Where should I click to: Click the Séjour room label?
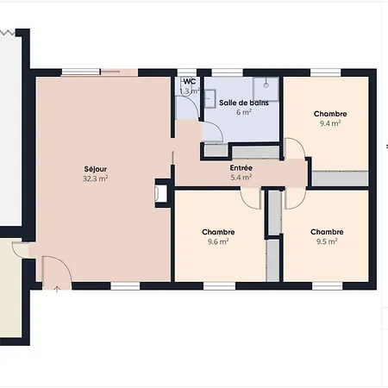point(96,169)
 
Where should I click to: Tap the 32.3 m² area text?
point(96,178)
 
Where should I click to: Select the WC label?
point(190,82)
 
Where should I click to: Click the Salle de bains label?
point(244,103)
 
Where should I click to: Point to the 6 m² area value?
point(244,112)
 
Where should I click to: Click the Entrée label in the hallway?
point(241,168)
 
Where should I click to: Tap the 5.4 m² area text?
point(241,178)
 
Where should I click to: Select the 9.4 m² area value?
point(330,123)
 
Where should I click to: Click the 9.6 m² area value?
point(218,241)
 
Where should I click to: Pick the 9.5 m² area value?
point(327,241)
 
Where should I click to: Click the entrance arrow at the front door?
point(57,289)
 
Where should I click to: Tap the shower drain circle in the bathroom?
point(266,85)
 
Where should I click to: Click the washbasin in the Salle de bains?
point(210,98)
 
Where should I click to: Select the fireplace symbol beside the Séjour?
point(160,193)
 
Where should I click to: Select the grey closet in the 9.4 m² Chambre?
point(341,178)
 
